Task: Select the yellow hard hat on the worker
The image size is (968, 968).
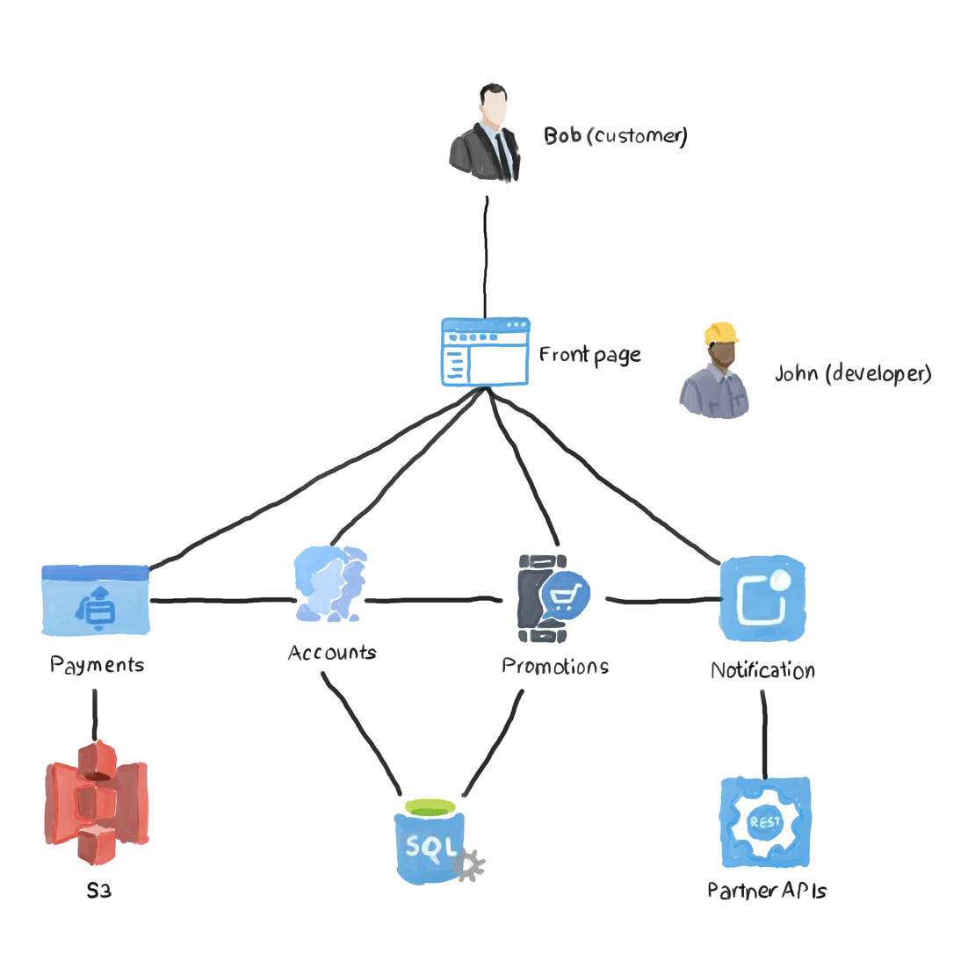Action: pos(721,333)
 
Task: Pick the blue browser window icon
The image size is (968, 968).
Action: pos(485,352)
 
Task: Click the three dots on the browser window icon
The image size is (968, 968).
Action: pos(516,326)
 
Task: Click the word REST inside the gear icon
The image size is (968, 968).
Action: pos(764,822)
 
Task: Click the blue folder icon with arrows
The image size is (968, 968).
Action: pos(95,601)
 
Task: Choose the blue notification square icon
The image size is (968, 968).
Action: pos(762,600)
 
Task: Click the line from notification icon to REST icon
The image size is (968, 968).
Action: pos(764,733)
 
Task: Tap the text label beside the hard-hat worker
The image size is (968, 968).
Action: pos(852,375)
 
